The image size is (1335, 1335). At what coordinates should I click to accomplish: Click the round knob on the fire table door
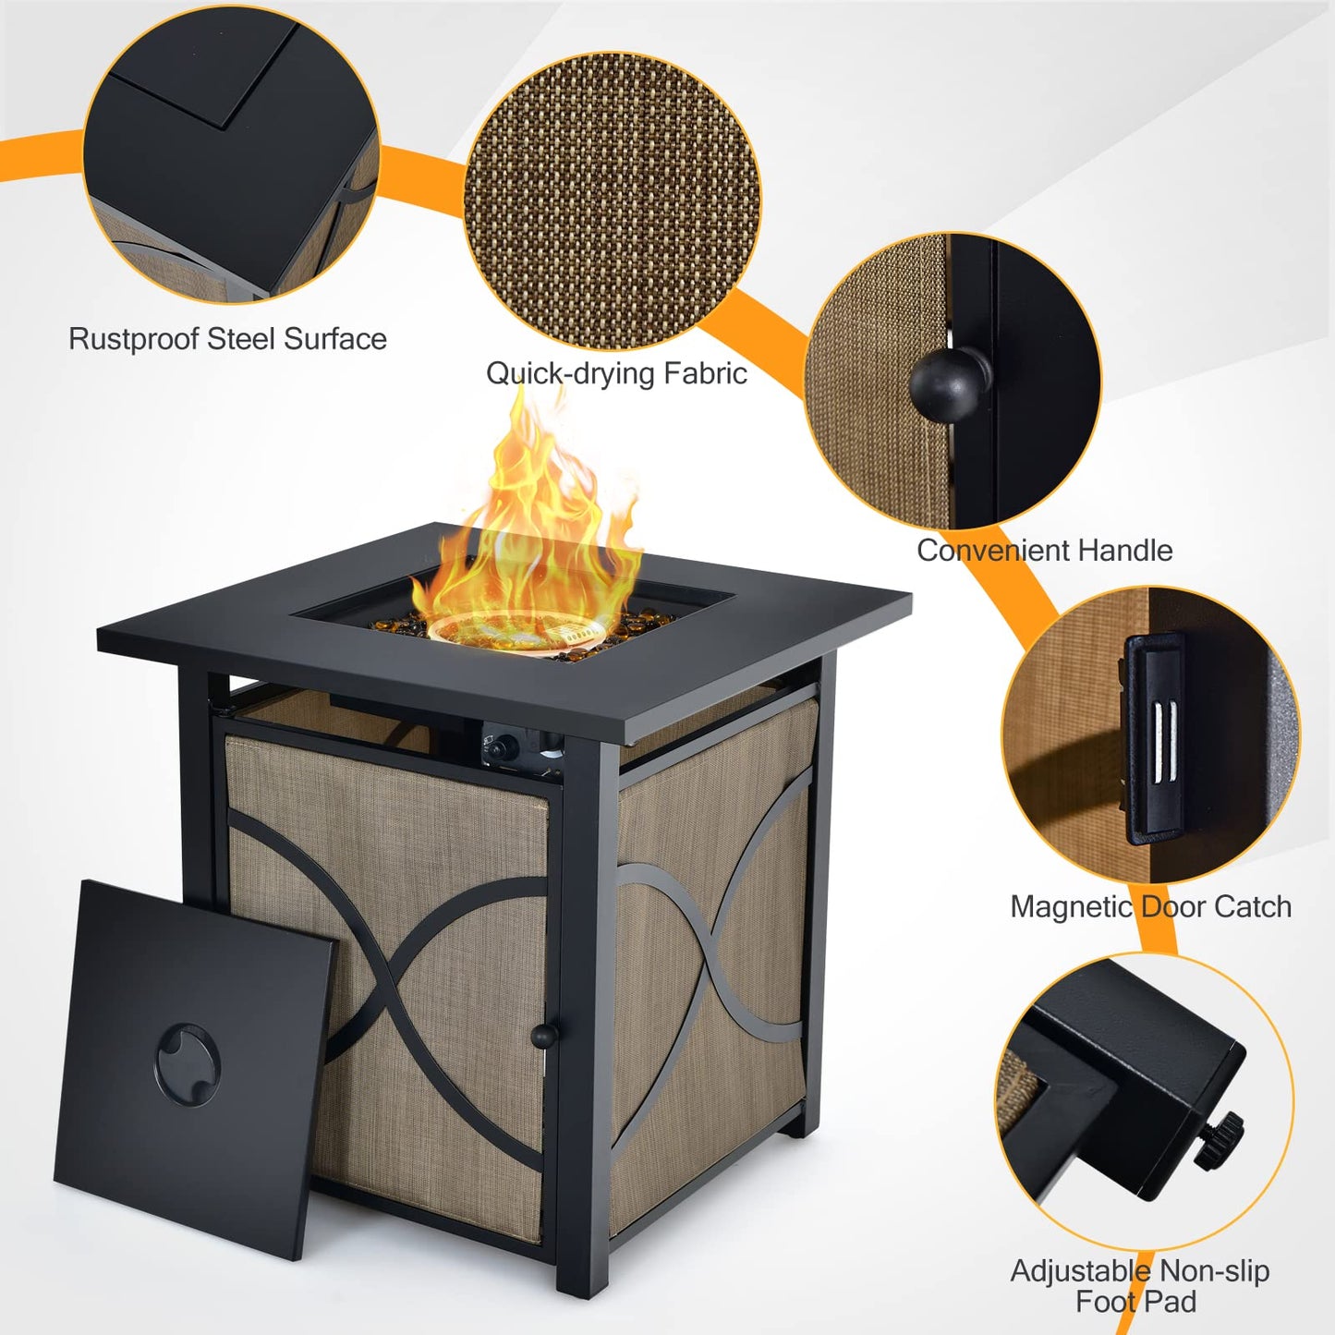[x=544, y=1036]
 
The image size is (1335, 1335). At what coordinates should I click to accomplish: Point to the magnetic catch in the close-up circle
[x=1155, y=738]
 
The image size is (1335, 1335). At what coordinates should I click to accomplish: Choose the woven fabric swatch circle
[x=613, y=201]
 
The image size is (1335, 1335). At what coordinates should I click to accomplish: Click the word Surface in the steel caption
[x=334, y=339]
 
